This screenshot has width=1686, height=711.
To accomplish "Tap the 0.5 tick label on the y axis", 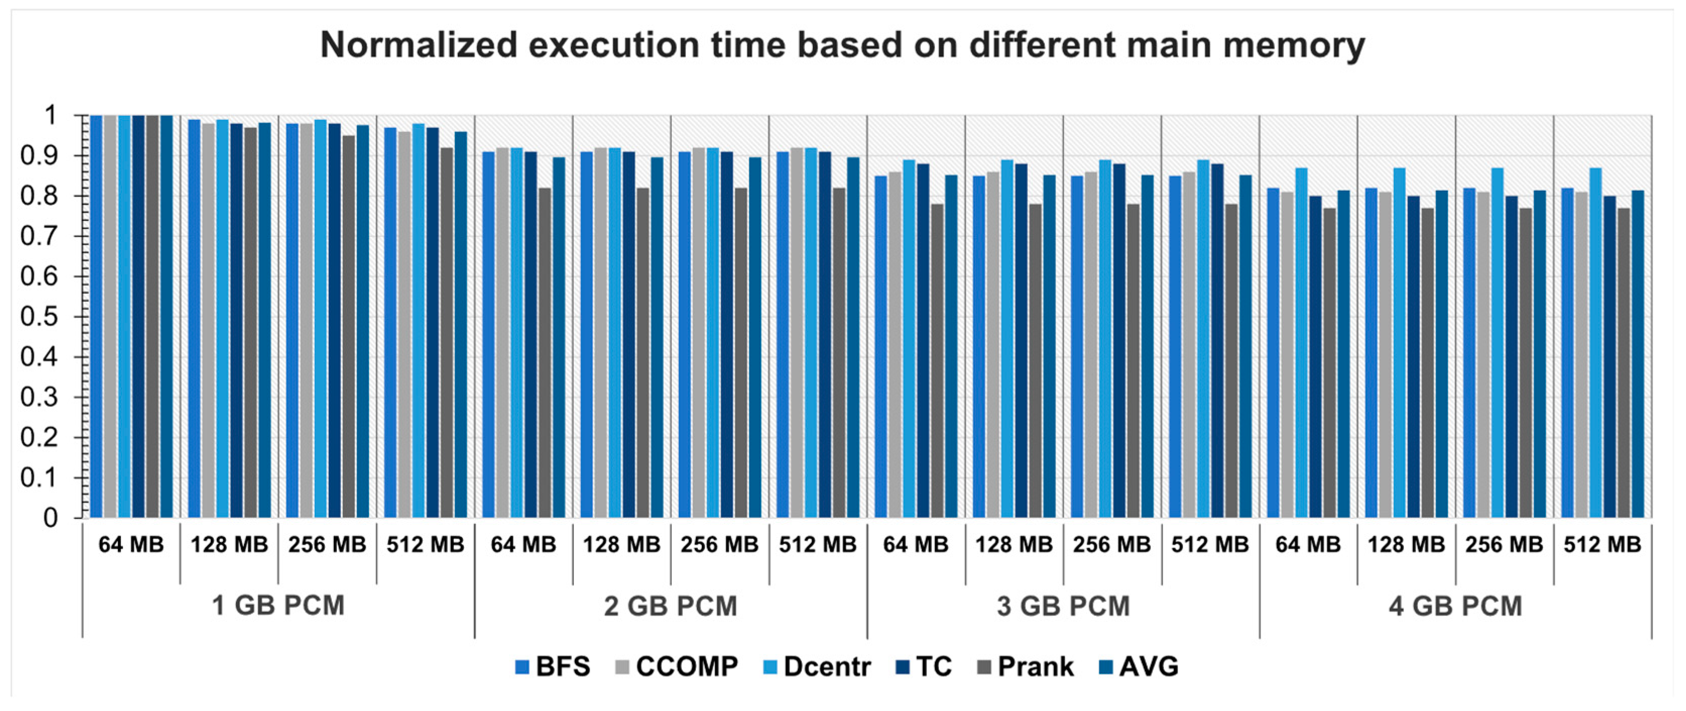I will coord(39,317).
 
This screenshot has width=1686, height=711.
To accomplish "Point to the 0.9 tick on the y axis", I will coord(39,156).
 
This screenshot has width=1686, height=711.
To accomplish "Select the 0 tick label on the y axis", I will coord(50,518).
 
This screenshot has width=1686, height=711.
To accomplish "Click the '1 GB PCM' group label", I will coord(278,606).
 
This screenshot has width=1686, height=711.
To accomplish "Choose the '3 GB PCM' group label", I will coord(1063,606).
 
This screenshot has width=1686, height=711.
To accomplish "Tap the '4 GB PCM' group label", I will coord(1455,606).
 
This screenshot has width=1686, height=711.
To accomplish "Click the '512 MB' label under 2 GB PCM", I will coord(817,544).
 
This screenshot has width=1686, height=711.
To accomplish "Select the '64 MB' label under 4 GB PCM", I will coord(1308,544).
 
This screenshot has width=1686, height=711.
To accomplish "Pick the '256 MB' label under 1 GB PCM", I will coord(327,544).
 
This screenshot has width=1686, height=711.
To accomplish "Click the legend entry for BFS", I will coord(553,667).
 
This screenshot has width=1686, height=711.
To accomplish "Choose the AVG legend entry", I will coord(1139,667).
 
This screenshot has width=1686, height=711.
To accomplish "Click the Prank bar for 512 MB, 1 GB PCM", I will coord(446,334).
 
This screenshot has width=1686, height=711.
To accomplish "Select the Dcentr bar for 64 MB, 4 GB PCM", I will coord(1301,344).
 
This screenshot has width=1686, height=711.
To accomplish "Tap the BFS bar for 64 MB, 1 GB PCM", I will coord(96,318).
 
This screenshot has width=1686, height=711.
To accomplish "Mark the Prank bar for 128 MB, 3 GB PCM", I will coord(1036,362).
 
